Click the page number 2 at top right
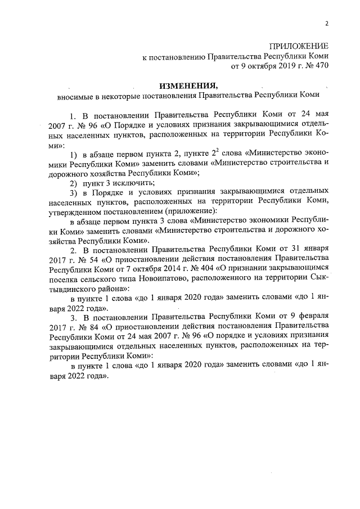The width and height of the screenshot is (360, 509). (x=326, y=23)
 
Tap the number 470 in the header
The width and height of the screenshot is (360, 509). (x=320, y=66)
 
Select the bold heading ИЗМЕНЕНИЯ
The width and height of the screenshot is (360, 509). (x=187, y=86)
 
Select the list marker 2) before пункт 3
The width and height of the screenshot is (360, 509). (x=73, y=183)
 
